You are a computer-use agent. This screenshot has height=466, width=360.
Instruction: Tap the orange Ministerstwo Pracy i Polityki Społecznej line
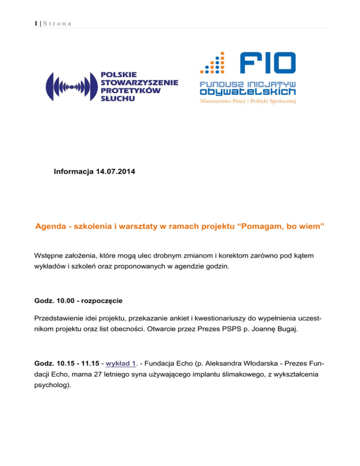click(247, 100)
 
